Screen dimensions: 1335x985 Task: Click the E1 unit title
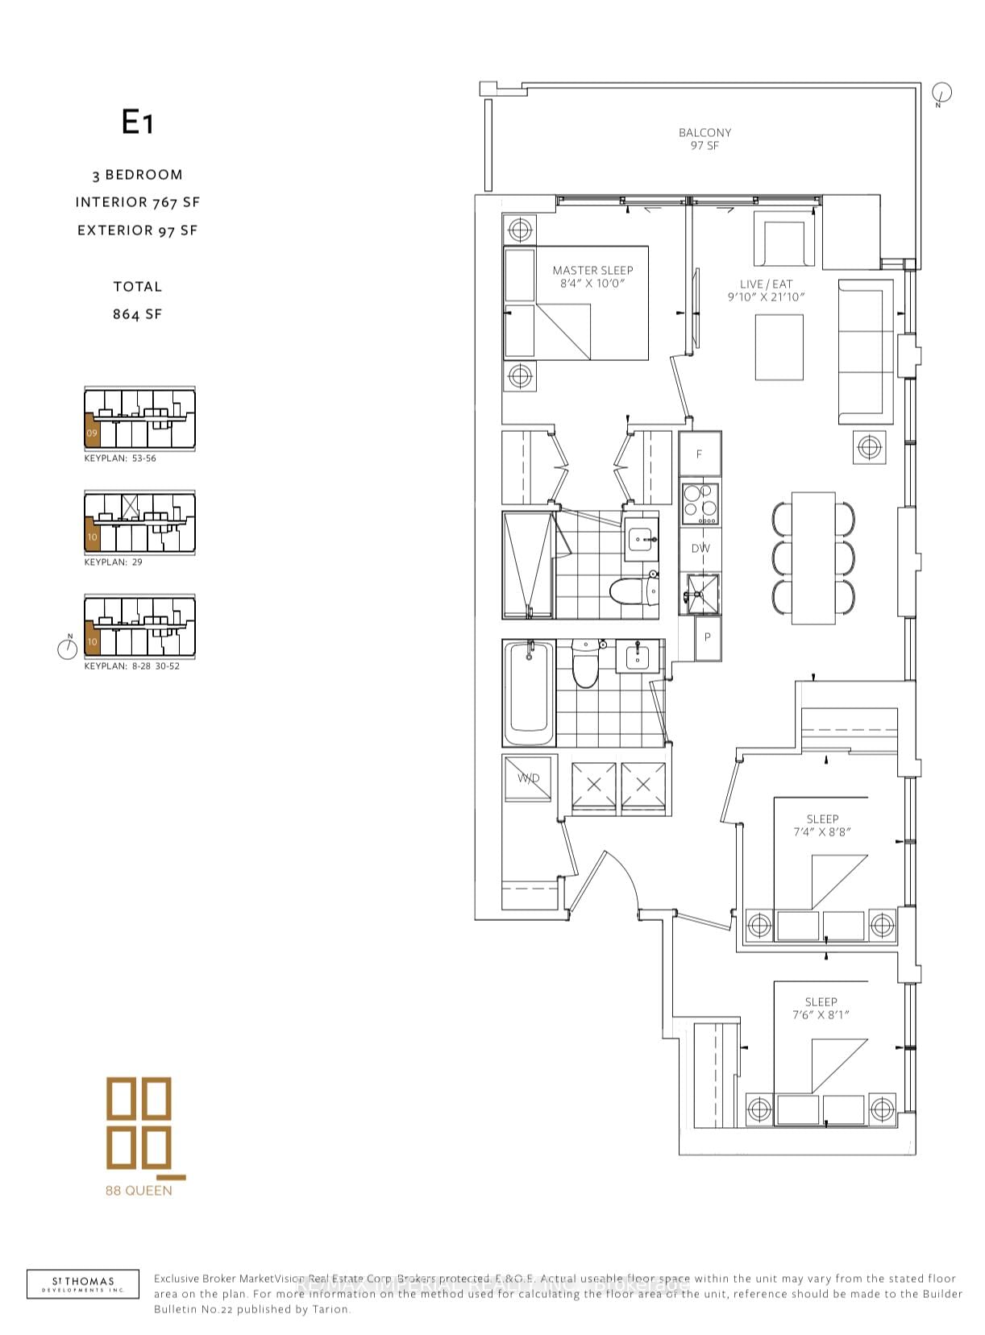137,122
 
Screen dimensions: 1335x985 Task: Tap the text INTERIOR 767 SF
137,202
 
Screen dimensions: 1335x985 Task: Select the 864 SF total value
137,314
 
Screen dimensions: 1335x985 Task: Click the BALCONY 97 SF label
704,139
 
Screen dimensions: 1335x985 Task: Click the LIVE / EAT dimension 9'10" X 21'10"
766,297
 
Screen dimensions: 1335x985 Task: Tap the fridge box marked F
699,454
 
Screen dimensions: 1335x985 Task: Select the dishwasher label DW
700,549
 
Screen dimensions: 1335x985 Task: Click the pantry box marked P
708,637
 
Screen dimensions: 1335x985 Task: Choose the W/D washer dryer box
529,778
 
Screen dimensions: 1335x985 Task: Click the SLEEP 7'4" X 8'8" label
822,825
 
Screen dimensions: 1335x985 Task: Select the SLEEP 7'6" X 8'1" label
821,1009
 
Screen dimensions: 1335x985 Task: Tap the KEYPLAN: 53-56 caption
120,458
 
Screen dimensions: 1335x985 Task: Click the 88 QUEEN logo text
139,1190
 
